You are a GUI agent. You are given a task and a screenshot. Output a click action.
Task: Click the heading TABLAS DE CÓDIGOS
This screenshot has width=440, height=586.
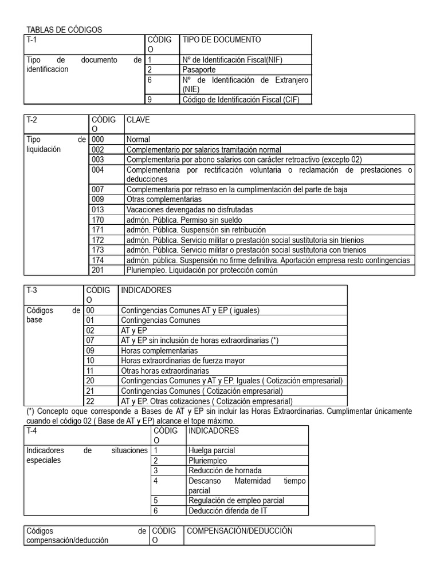pyautogui.click(x=64, y=30)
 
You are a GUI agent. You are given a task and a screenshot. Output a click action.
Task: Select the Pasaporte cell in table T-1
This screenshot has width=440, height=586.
pyautogui.click(x=199, y=70)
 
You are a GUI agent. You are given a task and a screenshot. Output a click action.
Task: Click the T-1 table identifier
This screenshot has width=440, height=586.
pyautogui.click(x=32, y=39)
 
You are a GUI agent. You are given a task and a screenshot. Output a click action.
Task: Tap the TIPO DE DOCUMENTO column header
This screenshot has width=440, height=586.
pyautogui.click(x=221, y=39)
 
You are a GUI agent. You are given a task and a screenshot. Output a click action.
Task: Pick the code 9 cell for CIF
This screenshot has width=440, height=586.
pyautogui.click(x=150, y=100)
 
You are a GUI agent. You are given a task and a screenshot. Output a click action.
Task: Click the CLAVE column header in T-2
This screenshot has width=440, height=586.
pyautogui.click(x=138, y=120)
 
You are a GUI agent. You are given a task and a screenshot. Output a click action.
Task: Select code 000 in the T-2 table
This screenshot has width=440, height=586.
pyautogui.click(x=98, y=139)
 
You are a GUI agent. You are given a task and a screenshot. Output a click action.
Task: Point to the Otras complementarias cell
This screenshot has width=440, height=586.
pyautogui.click(x=164, y=200)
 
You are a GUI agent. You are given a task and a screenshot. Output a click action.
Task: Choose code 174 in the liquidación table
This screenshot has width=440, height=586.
pyautogui.click(x=98, y=260)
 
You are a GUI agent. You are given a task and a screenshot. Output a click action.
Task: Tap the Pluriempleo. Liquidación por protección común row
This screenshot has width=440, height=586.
pyautogui.click(x=202, y=270)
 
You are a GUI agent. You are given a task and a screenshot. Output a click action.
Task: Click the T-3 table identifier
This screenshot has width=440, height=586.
pyautogui.click(x=32, y=291)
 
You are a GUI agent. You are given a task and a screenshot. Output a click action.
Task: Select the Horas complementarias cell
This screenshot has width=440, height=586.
pyautogui.click(x=159, y=350)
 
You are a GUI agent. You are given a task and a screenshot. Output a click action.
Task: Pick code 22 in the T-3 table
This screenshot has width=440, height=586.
pyautogui.click(x=90, y=401)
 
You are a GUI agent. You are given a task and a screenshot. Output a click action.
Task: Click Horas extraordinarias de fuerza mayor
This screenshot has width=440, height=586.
pyautogui.click(x=183, y=361)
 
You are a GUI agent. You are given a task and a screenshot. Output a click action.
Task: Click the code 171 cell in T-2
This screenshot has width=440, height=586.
pyautogui.click(x=98, y=229)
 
